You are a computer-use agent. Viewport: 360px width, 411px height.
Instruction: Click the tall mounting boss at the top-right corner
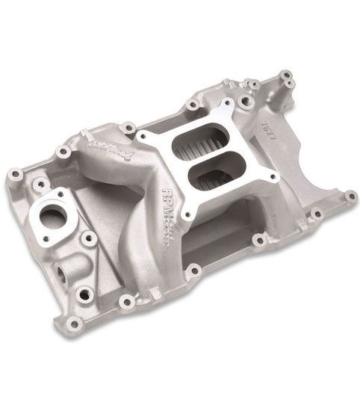coord(285,77)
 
